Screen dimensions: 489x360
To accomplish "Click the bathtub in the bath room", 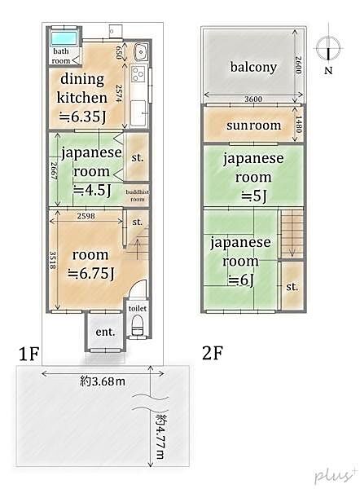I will click(62, 38).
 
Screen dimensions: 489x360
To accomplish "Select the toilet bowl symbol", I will click(136, 328).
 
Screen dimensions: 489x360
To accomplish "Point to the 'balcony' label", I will click(252, 67).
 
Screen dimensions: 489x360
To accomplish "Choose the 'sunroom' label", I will click(253, 126).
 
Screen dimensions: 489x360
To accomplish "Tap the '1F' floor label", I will click(29, 353).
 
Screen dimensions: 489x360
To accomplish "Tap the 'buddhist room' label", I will click(137, 196).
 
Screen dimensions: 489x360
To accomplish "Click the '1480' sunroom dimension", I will click(300, 126).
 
